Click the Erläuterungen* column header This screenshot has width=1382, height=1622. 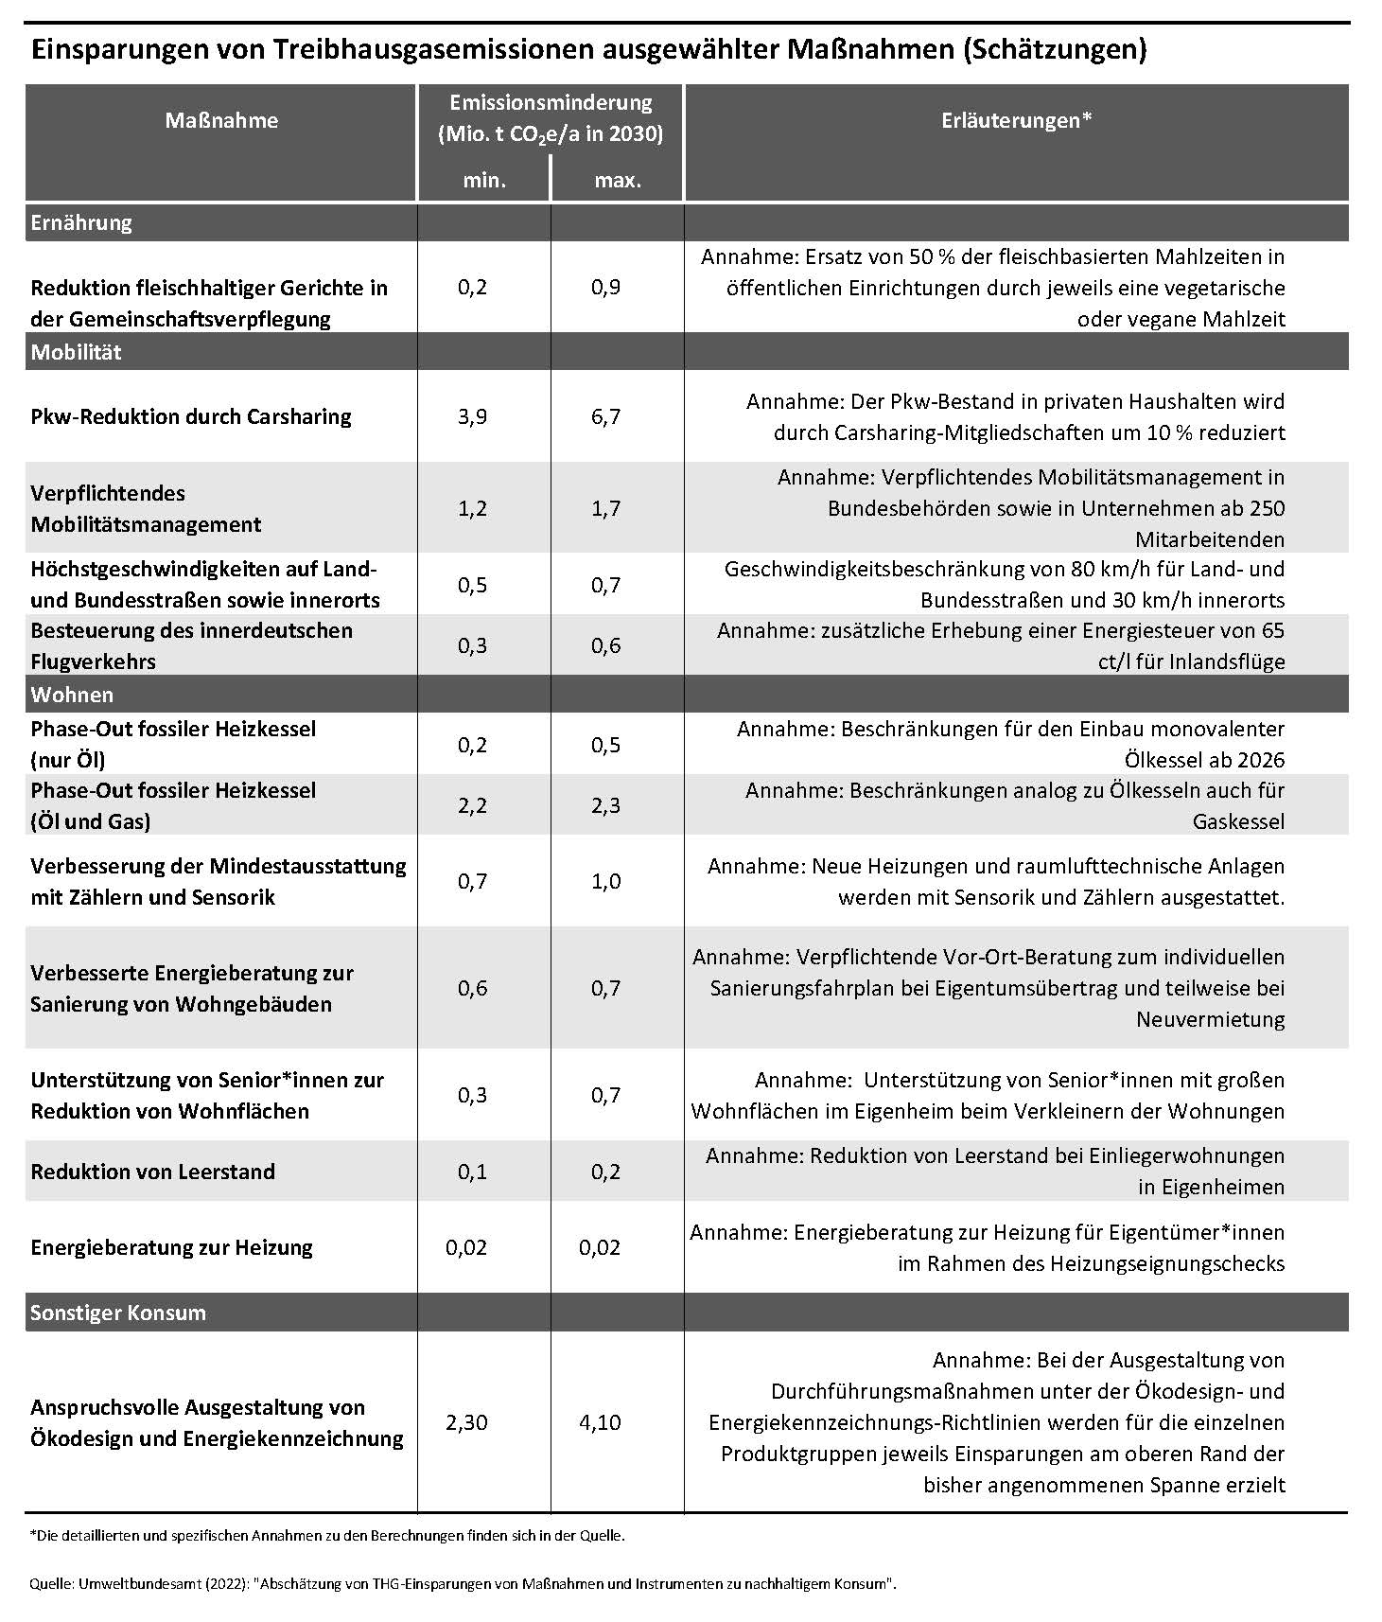[1017, 120]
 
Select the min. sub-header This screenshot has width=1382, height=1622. [484, 180]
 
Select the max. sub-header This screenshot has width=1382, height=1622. [618, 180]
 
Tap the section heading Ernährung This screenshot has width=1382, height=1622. [81, 223]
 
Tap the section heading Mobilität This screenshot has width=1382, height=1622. [77, 352]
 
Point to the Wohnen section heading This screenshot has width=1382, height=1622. [72, 695]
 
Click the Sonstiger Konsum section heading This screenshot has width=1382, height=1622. [118, 1313]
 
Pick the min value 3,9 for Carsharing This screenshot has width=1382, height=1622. [472, 416]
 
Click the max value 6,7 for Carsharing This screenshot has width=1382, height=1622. [605, 416]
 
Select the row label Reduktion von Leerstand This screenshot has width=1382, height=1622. [153, 1172]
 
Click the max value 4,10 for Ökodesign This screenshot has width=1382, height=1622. [600, 1422]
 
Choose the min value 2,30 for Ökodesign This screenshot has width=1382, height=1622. [466, 1422]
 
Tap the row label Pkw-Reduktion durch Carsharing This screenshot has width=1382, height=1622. [191, 416]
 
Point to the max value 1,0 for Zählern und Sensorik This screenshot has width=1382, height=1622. [605, 881]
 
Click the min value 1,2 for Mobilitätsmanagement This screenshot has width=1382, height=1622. [472, 508]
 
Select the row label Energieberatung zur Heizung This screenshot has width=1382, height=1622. [171, 1247]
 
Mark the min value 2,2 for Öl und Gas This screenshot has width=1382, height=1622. [472, 805]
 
